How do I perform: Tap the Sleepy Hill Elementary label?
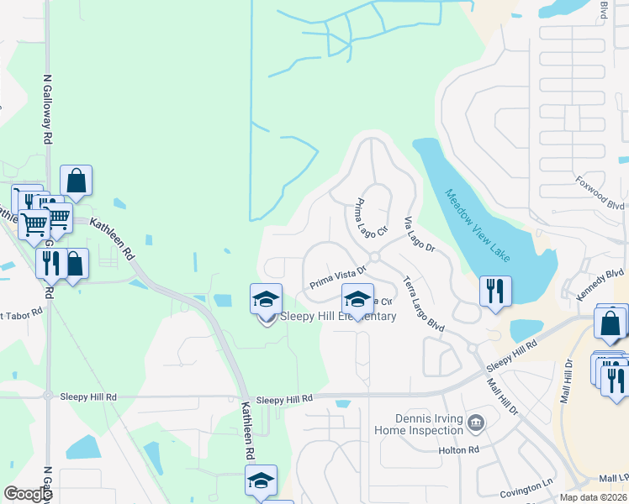coord(337,317)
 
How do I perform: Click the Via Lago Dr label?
coord(418,235)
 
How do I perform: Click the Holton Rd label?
coord(458,450)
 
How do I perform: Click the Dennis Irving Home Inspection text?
coord(430,424)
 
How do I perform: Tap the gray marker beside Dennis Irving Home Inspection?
coord(475,422)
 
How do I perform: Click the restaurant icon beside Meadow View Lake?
coord(494,291)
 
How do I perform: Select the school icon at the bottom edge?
coord(261,480)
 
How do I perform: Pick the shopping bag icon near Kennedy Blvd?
coord(610,322)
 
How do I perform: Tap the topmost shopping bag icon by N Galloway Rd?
coord(76,181)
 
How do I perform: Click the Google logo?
coord(28,494)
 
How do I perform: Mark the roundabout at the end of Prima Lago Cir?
coord(374,257)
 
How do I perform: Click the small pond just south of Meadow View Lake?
coord(526,331)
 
